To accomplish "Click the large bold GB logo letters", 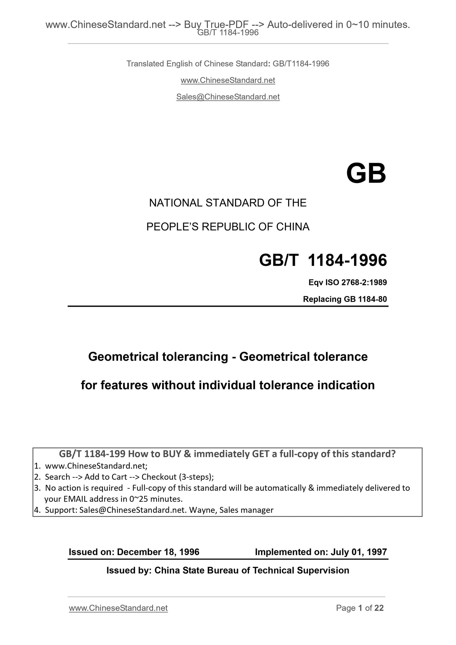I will tap(366, 174).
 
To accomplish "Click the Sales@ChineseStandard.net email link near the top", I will tap(228, 97).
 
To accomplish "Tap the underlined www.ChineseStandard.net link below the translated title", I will tap(228, 80).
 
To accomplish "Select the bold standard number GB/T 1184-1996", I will tap(323, 261).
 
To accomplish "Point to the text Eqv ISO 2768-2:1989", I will tap(347, 282).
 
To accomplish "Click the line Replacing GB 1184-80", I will tap(345, 299).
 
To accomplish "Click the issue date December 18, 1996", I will tap(158, 552).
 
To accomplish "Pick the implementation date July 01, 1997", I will tap(358, 552).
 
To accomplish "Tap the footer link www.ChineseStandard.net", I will tap(118, 608).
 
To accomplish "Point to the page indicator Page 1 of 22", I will tap(360, 608).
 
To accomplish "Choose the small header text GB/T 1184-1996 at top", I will tap(228, 33).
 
